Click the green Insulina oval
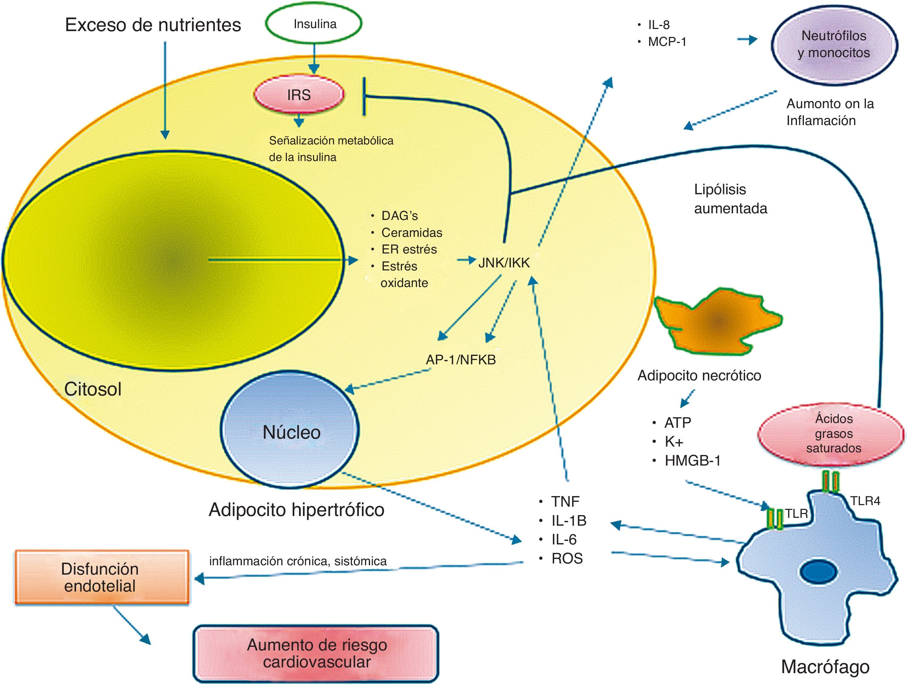pyautogui.click(x=314, y=24)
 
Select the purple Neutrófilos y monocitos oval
pyautogui.click(x=833, y=44)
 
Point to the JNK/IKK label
pyautogui.click(x=504, y=263)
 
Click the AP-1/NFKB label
pyautogui.click(x=460, y=360)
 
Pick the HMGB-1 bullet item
pyautogui.click(x=692, y=461)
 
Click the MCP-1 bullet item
pyautogui.click(x=667, y=42)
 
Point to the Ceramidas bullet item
pyautogui.click(x=411, y=233)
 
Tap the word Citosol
pyautogui.click(x=93, y=389)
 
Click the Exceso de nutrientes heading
pyautogui.click(x=153, y=25)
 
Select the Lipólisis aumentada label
pyautogui.click(x=730, y=199)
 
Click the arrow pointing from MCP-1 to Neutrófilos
pyautogui.click(x=747, y=40)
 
